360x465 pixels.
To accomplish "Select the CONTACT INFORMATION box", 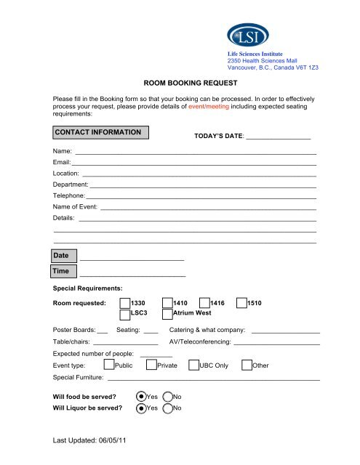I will pos(101,132).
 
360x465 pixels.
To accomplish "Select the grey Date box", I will pos(62,255).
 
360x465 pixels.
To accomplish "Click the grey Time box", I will pos(62,271).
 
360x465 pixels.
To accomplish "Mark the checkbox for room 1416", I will pos(204,303).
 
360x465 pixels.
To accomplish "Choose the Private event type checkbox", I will pos(151,365).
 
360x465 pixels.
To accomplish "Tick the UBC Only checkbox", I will pos(193,365).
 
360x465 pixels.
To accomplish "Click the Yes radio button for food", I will pos(142,397).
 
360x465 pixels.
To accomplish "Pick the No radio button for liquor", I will pos(168,408).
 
